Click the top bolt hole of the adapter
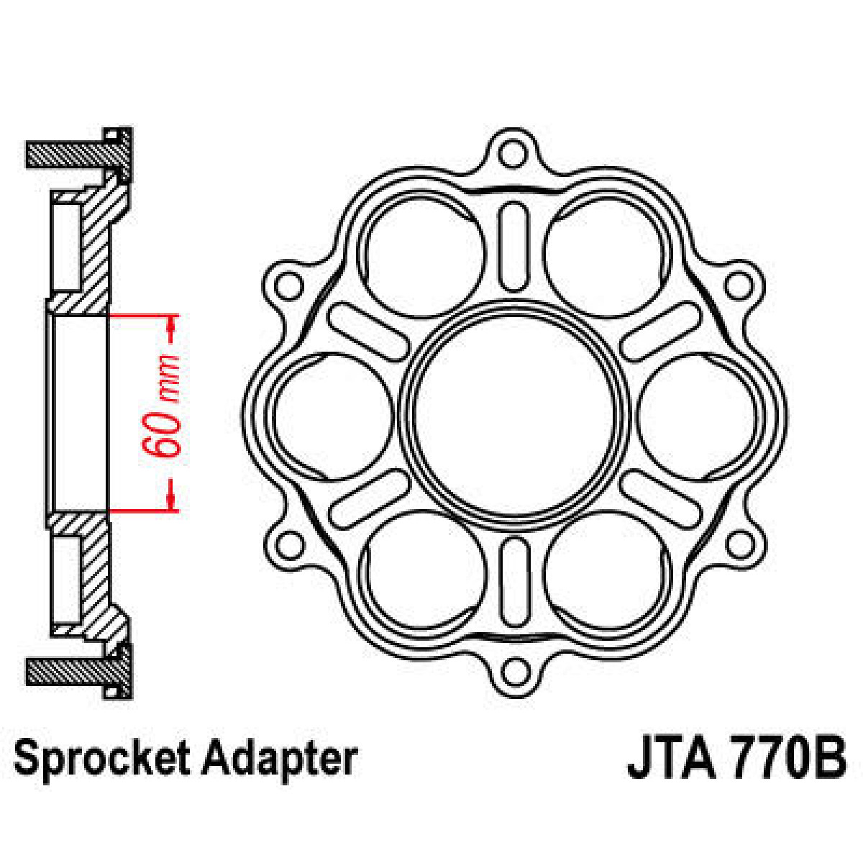point(512,153)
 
